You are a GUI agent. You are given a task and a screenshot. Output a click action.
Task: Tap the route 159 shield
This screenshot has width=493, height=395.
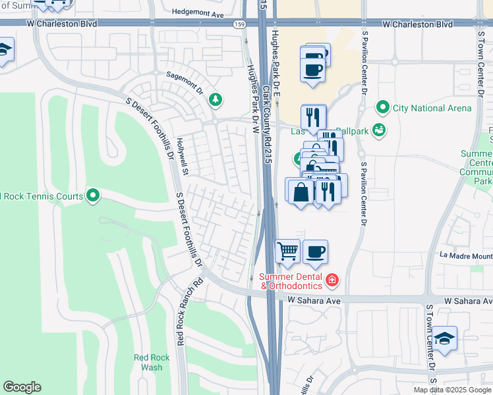[x=238, y=24]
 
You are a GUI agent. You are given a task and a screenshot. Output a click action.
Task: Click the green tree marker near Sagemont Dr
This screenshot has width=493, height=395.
[x=215, y=100]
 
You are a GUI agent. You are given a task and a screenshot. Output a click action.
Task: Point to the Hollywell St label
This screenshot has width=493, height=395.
[x=183, y=157]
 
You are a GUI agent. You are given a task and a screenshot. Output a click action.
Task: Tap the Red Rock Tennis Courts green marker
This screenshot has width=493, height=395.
[x=93, y=195]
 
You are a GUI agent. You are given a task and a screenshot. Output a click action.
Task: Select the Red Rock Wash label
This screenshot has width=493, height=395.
[x=152, y=363]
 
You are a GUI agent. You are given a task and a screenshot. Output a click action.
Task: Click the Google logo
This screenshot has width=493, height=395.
[x=22, y=387]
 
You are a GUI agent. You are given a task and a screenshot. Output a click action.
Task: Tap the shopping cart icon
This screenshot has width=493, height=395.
[x=287, y=250]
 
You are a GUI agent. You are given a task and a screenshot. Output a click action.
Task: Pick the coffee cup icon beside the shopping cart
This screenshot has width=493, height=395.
[x=315, y=250]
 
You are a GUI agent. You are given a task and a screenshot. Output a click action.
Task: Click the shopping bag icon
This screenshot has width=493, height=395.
[x=301, y=192]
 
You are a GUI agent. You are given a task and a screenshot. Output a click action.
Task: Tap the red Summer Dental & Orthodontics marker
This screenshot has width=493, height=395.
[x=332, y=281]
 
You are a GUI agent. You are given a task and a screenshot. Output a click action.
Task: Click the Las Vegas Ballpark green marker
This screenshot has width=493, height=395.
[x=378, y=130]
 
